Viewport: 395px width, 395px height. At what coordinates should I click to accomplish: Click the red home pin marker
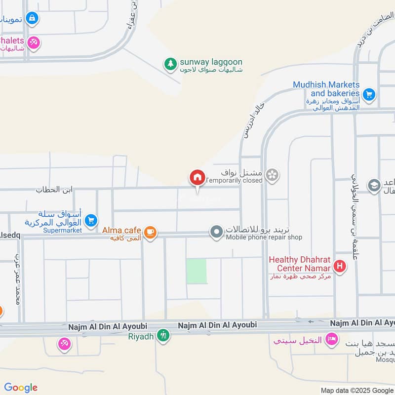pos(197,177)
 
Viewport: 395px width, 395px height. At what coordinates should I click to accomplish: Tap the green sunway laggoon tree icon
pos(170,64)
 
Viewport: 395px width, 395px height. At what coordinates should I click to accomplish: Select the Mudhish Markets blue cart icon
pos(368,93)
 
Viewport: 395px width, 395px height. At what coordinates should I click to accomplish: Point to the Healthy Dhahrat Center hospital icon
pos(339,267)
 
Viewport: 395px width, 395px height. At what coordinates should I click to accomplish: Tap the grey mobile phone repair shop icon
pos(216,232)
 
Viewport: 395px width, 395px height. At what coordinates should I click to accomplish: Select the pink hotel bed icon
pos(332,339)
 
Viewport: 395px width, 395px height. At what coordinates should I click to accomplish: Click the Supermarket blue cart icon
pos(90,221)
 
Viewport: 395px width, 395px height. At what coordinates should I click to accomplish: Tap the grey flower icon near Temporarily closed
pos(272,175)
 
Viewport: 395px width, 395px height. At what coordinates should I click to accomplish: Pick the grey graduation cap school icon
pos(374,185)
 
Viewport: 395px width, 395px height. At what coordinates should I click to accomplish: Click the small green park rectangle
pos(197,271)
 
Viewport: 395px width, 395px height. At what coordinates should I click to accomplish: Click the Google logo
pos(21,388)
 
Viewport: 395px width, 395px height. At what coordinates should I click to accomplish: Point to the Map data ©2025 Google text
pos(356,390)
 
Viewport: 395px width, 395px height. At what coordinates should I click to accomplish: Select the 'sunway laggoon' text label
pos(211,62)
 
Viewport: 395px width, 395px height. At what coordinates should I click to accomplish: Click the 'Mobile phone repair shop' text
pos(264,237)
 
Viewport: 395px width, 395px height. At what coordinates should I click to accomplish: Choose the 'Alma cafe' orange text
pos(122,230)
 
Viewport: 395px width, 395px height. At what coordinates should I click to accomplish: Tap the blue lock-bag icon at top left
pos(32,18)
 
